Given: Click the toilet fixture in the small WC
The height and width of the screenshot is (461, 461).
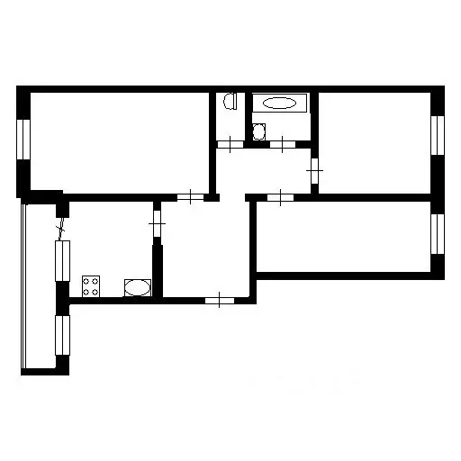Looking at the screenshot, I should (x=230, y=102).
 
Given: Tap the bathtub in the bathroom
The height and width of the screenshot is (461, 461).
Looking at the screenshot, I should (x=279, y=103).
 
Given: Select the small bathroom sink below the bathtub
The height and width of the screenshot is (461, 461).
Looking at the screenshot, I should (x=259, y=132).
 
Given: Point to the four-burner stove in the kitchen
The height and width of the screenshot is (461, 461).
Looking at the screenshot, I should (x=91, y=286).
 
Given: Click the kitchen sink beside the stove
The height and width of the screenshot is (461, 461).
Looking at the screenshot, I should (x=137, y=288).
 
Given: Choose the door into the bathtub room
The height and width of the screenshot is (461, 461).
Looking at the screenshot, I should (x=284, y=143).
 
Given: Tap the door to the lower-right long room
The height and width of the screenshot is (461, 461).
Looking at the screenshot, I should (x=282, y=197).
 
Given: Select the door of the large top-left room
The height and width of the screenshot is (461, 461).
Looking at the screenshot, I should (x=190, y=197).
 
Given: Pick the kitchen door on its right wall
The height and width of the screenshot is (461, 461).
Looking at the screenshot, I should (x=157, y=222).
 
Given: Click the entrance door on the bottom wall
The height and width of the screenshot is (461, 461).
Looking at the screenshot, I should (x=220, y=300).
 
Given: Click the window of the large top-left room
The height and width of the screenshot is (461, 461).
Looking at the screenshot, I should (x=25, y=141).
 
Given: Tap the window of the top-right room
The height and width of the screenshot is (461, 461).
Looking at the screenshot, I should (x=438, y=136).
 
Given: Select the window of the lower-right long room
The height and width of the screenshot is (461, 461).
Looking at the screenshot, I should (x=438, y=233).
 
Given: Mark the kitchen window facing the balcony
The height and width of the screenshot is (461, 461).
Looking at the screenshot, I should (x=61, y=261).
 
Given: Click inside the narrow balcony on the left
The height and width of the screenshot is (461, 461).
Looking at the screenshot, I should (x=38, y=288).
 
